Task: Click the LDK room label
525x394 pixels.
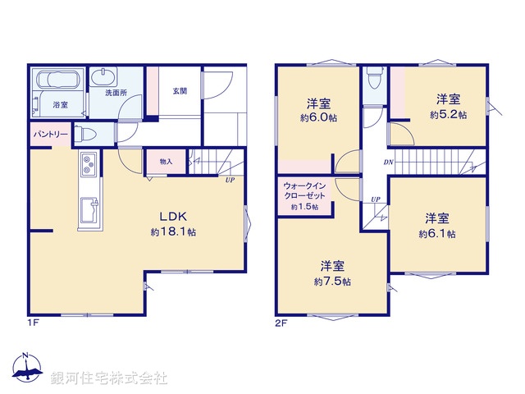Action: coord(173,217)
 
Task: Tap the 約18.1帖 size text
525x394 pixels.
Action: coord(173,232)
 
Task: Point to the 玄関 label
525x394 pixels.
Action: coord(179,91)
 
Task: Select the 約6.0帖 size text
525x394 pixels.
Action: coord(318,117)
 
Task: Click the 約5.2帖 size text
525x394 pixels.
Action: coord(448,116)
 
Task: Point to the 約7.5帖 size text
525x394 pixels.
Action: coord(332,282)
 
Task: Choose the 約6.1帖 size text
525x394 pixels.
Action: coord(436,234)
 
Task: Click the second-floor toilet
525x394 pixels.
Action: coord(375,79)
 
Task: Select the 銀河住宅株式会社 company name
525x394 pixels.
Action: coord(109,378)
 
